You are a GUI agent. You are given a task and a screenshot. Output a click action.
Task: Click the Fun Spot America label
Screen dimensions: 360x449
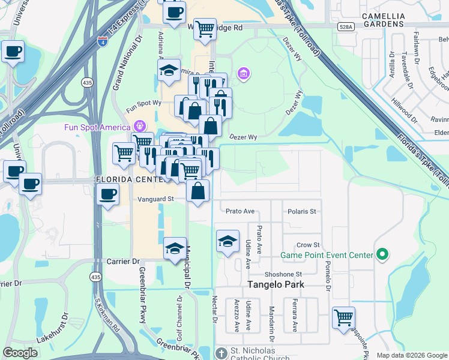click(x=98, y=127)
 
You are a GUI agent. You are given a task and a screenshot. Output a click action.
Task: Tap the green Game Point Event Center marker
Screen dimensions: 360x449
click(x=382, y=255)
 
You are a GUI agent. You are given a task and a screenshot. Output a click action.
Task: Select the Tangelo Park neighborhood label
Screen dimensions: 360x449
click(x=277, y=284)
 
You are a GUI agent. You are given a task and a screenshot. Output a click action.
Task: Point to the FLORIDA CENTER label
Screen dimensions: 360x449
click(x=127, y=179)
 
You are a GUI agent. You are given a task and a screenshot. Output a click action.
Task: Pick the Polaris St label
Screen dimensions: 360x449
click(x=302, y=211)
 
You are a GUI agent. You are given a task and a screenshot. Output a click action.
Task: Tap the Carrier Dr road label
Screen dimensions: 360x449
click(x=123, y=262)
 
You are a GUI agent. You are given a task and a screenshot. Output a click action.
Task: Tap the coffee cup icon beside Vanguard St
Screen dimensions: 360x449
click(x=107, y=195)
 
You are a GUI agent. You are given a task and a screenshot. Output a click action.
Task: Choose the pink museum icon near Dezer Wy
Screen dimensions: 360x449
click(x=244, y=74)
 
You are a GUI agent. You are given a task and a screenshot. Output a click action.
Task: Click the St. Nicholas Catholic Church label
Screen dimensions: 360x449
click(x=253, y=354)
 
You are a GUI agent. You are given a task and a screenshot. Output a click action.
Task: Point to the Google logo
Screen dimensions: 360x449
click(x=21, y=353)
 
